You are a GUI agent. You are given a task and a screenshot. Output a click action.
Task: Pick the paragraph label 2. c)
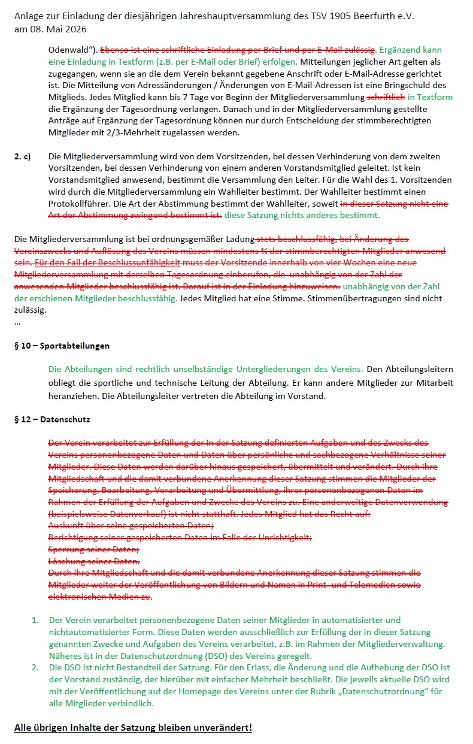tap(22, 156)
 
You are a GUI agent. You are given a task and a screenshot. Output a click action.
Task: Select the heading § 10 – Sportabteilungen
tap(62, 346)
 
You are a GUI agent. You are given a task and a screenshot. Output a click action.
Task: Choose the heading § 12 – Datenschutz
tap(52, 419)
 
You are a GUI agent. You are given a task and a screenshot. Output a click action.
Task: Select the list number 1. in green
tap(35, 620)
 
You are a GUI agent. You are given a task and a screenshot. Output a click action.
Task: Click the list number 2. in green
tap(35, 667)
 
